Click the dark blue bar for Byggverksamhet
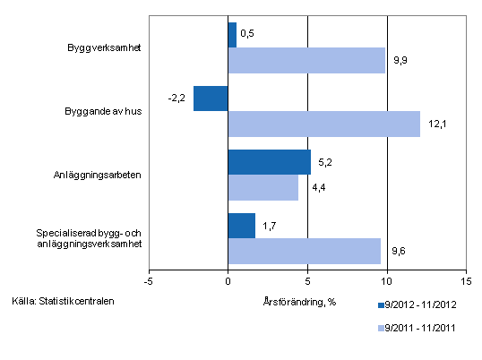pos(232,35)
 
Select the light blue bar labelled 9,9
pos(306,60)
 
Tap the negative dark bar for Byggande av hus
pos(211,99)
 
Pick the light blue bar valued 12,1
pos(323,124)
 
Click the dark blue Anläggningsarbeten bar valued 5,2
pos(269,162)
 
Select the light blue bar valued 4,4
pos(263,187)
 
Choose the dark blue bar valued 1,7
pos(242,226)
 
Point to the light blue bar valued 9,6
pos(304,251)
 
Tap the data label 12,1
pos(436,124)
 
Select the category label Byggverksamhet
pos(101,47)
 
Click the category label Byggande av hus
pos(104,111)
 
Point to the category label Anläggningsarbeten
pos(100,175)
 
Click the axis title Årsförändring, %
pos(300,301)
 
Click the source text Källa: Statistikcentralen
pos(64,301)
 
